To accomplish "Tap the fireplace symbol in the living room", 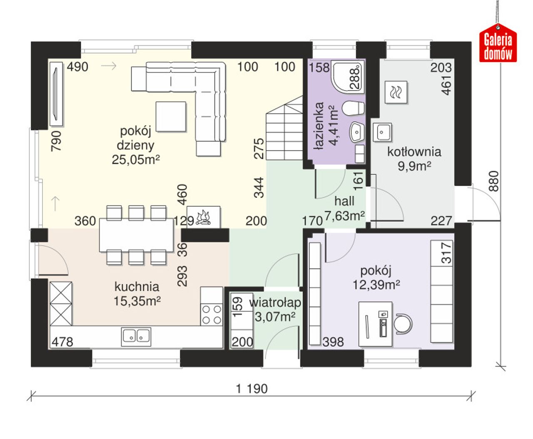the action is (x=204, y=217).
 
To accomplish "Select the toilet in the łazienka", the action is (x=354, y=109).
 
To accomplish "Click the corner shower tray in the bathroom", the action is (x=348, y=76).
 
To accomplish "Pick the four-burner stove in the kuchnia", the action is (x=212, y=314).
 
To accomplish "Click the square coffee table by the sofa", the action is (x=171, y=116).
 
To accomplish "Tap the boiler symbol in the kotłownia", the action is (x=396, y=92).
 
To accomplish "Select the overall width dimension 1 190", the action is (x=252, y=389).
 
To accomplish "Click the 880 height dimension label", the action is (x=494, y=181).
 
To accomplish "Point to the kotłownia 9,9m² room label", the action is (x=414, y=159).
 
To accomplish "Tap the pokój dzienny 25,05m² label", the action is (x=136, y=146).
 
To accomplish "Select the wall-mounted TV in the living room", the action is (x=56, y=94).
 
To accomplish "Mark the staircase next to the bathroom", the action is (x=284, y=128).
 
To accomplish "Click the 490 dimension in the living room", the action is (x=77, y=67).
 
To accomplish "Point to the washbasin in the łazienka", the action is (x=356, y=132).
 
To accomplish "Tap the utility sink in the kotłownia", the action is (x=382, y=132).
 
